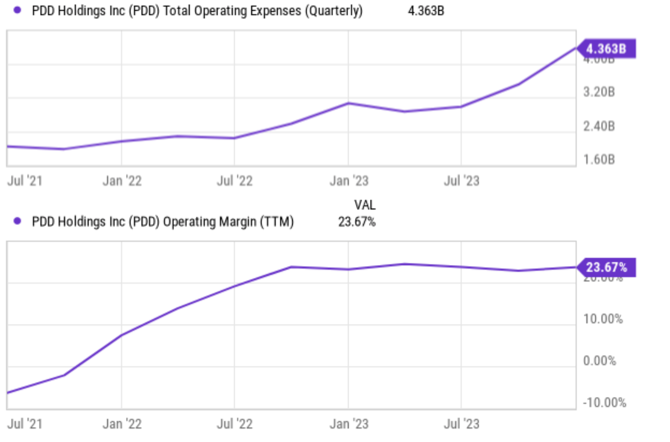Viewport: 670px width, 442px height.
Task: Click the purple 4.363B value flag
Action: (606, 49)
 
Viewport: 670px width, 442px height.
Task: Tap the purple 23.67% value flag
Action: (606, 267)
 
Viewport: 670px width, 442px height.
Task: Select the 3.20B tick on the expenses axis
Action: (599, 92)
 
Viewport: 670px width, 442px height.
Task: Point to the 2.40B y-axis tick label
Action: (599, 126)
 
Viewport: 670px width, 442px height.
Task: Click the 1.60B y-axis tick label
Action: (599, 160)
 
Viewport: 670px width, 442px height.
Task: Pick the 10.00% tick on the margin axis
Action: (603, 319)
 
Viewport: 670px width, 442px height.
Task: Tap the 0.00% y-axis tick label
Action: (599, 361)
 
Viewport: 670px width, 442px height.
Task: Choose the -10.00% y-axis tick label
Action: (604, 403)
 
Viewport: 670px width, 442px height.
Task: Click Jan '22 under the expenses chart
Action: (122, 181)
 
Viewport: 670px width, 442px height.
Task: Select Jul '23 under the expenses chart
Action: (462, 181)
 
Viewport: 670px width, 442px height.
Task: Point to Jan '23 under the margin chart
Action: (349, 424)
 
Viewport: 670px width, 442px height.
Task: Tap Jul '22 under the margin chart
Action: (235, 424)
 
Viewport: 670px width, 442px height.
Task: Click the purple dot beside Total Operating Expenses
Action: (17, 10)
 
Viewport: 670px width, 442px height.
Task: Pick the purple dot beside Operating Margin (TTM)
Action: (17, 221)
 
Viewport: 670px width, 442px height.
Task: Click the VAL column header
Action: (364, 205)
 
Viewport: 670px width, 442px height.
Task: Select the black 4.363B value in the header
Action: (425, 11)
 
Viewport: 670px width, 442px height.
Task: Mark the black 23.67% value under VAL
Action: (357, 222)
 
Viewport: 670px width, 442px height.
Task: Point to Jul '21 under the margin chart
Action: (25, 424)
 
